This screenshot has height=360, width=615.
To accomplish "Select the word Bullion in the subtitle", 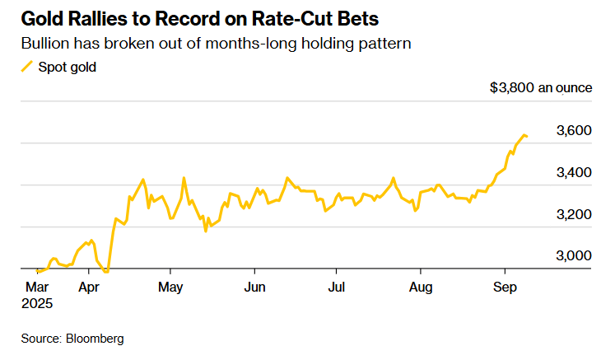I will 45,42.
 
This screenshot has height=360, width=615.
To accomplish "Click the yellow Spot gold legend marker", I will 27,67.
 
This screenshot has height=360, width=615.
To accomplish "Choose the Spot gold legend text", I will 68,67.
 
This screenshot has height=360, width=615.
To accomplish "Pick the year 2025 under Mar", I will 36,303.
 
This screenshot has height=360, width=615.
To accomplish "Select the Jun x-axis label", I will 255,288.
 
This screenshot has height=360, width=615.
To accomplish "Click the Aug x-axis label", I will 421,288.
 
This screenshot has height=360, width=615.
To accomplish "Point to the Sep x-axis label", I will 505,288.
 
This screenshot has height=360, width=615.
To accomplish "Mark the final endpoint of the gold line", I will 527,136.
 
